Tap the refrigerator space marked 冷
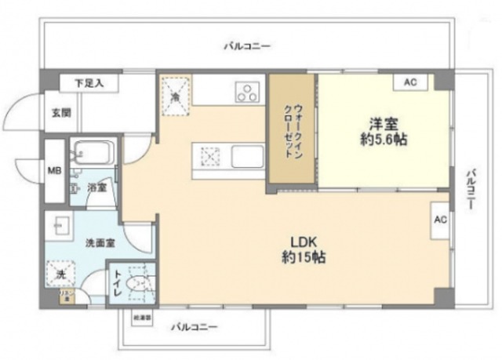tap(176, 94)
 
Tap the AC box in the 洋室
tap(410, 82)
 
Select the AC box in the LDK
tap(440, 220)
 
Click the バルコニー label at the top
tap(246, 46)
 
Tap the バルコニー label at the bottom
tap(194, 328)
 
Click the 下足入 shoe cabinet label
tap(85, 82)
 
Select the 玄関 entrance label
tap(61, 113)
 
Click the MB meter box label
tap(53, 169)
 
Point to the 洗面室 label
tap(99, 244)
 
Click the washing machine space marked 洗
tap(60, 275)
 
